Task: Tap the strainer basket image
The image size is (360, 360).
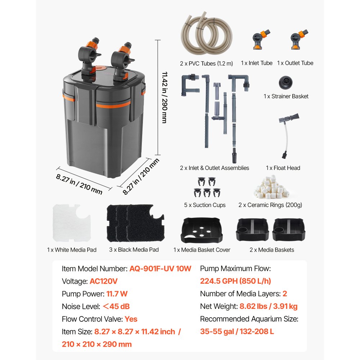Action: [x=286, y=83]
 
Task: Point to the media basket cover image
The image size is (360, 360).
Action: [x=202, y=231]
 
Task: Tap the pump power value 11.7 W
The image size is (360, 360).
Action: [x=117, y=294]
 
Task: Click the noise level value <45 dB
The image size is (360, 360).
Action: [x=116, y=306]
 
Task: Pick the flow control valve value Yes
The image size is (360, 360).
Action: [x=131, y=319]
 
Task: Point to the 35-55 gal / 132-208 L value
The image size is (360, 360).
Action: [x=237, y=331]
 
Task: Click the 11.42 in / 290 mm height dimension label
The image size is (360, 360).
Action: [x=164, y=97]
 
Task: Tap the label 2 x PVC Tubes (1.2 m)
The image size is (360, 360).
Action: [x=206, y=63]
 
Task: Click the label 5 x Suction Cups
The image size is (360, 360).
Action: [x=205, y=205]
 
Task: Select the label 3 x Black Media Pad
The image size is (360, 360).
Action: [x=134, y=249]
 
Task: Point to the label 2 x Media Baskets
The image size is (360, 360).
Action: [x=272, y=249]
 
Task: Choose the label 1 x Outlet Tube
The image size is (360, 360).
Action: [x=295, y=63]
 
